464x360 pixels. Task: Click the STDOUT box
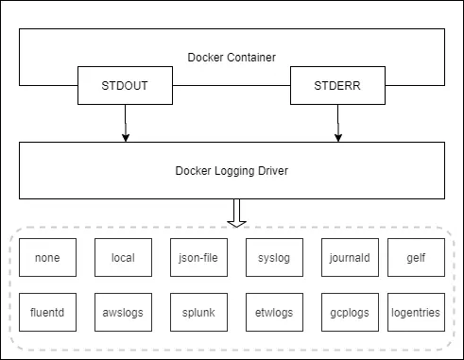click(x=126, y=86)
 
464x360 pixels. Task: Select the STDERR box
click(x=337, y=86)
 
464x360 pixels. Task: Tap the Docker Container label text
click(x=232, y=58)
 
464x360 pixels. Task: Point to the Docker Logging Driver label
click(x=232, y=171)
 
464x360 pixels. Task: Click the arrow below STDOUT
click(x=126, y=124)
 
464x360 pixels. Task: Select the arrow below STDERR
click(x=337, y=124)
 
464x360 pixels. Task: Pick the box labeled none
click(x=47, y=257)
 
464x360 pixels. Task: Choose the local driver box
click(x=123, y=257)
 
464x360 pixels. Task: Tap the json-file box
click(x=198, y=257)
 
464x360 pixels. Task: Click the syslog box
click(x=274, y=257)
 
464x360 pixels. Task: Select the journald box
click(x=350, y=257)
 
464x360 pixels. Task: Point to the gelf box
click(x=415, y=257)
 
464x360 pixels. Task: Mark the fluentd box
click(x=47, y=312)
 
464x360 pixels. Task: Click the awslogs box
click(x=123, y=312)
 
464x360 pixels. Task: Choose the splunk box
click(x=198, y=312)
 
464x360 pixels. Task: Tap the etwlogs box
click(x=274, y=312)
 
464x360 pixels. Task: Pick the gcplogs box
click(x=350, y=312)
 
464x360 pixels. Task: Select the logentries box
click(x=415, y=312)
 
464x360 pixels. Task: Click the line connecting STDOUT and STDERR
click(x=232, y=86)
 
